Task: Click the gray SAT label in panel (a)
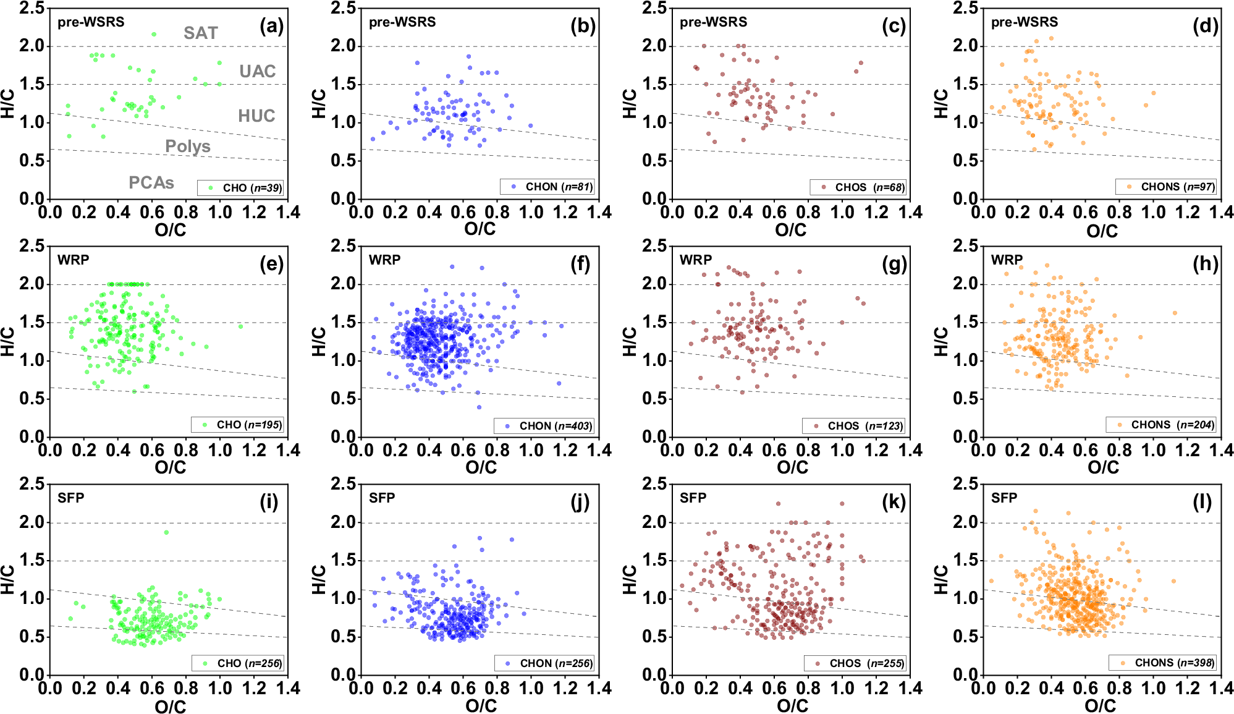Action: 201,33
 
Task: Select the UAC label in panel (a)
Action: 257,71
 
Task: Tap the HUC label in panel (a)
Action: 256,116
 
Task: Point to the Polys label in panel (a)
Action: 188,147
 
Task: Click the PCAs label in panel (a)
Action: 151,182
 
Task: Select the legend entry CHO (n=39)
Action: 241,188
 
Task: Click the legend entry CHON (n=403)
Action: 544,426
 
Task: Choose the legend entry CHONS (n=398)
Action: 1162,663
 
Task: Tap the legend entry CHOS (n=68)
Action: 858,187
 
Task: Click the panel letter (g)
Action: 894,264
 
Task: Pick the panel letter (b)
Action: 583,26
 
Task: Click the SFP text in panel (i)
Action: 71,498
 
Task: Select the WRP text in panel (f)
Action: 384,260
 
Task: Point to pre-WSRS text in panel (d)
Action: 1024,22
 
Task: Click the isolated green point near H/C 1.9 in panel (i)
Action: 166,532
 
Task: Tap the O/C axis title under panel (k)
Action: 792,705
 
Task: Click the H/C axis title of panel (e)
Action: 7,341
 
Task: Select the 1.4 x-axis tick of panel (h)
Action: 1220,450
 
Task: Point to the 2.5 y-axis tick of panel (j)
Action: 343,483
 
